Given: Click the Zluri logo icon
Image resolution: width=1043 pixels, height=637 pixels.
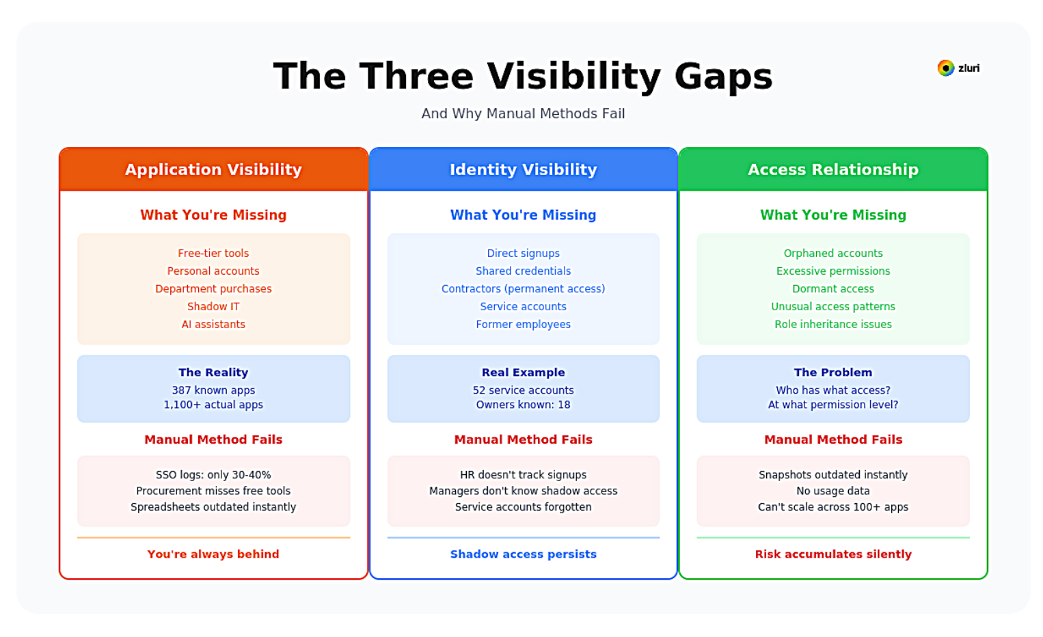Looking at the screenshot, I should tap(945, 68).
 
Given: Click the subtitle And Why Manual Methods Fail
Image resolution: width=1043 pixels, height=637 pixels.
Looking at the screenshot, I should tap(523, 113).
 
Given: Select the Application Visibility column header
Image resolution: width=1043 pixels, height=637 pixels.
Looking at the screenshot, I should tap(213, 170).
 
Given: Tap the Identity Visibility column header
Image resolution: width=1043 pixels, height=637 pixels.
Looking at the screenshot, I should tap(523, 170).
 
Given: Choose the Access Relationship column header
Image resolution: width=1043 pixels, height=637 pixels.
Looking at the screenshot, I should tap(832, 170).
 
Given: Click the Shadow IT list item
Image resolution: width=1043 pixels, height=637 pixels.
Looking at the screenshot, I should tap(213, 306).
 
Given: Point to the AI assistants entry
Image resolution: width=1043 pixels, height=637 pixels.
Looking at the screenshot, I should tap(213, 324).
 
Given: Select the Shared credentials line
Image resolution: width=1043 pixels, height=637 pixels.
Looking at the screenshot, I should tap(523, 271).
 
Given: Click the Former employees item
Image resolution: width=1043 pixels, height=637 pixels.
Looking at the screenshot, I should tap(523, 324).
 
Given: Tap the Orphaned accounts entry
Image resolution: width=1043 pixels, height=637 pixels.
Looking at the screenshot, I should tap(832, 253).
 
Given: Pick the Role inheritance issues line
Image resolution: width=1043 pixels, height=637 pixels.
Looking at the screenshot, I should tap(832, 324).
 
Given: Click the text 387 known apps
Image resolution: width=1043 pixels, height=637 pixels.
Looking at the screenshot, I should tap(213, 390).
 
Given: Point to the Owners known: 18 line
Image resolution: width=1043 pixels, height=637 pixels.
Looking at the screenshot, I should tap(523, 405).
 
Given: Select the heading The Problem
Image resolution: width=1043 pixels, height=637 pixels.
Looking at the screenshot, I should tap(832, 372).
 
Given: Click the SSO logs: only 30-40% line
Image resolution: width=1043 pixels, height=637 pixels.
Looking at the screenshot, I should tap(213, 474).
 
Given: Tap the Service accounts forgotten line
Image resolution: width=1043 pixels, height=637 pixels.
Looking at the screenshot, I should tap(523, 507).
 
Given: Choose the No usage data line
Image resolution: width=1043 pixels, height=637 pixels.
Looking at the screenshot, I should tap(832, 491).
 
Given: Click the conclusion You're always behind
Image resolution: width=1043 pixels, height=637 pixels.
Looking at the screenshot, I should tap(213, 554).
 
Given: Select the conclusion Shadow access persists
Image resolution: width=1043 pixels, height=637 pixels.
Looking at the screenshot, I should tap(523, 554).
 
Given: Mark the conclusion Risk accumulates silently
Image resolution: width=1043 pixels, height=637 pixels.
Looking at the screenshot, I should tap(832, 554).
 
